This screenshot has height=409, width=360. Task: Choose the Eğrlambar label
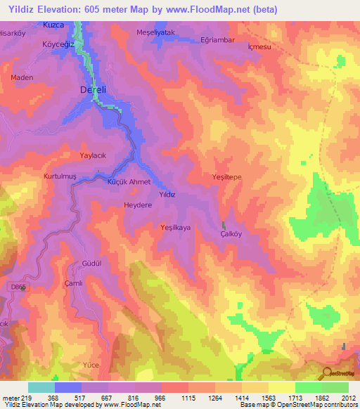[x=217, y=39]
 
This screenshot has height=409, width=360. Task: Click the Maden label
[x=21, y=77]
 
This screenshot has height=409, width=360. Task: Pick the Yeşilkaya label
[x=176, y=227]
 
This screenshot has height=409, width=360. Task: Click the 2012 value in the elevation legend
[x=348, y=398]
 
